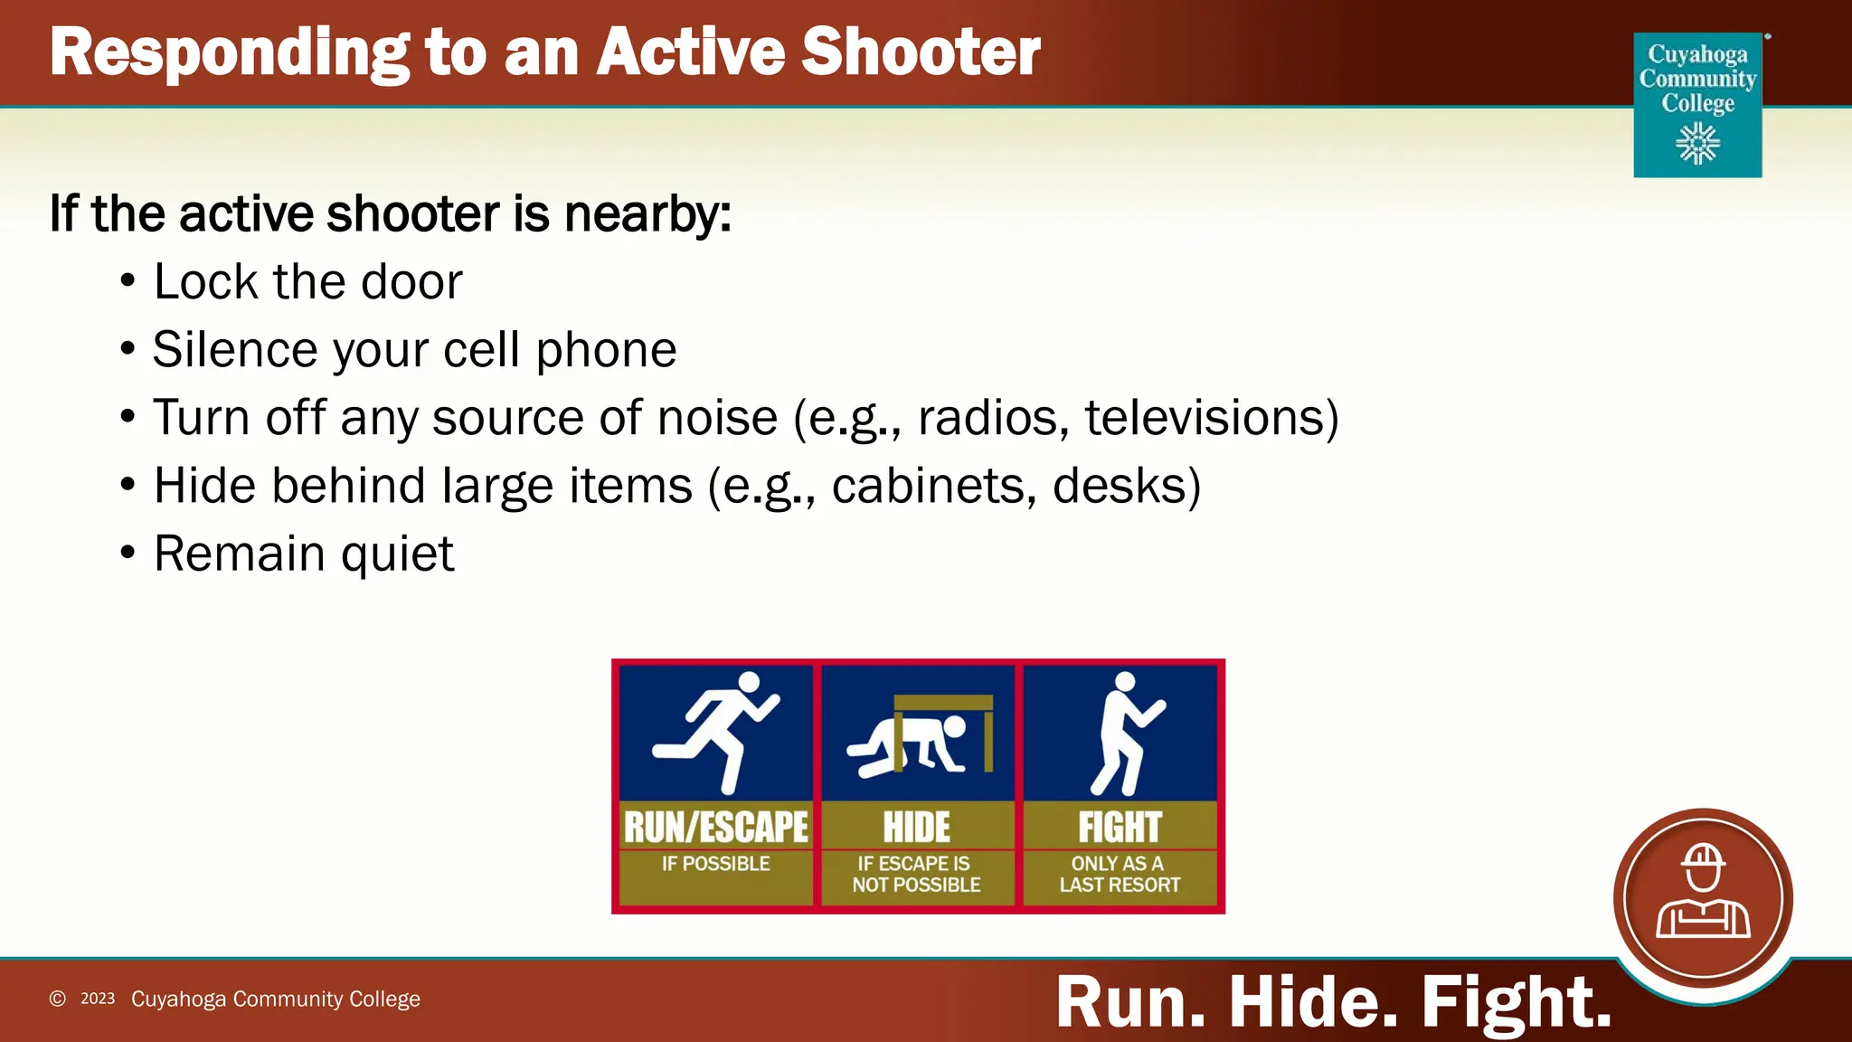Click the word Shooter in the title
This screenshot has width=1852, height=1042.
click(921, 52)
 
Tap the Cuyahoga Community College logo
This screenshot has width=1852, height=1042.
click(1697, 104)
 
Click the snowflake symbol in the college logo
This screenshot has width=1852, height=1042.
click(1697, 144)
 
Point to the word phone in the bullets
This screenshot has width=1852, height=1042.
click(606, 351)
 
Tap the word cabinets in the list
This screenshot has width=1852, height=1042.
click(932, 487)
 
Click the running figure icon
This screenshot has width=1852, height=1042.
click(715, 731)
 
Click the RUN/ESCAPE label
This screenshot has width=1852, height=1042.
click(715, 827)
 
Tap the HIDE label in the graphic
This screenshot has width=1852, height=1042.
click(916, 827)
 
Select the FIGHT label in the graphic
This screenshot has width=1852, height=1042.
click(1120, 827)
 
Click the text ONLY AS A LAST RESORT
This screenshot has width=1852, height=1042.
click(1120, 875)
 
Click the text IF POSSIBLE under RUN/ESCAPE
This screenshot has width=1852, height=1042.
click(715, 864)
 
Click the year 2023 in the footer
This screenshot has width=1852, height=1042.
click(98, 999)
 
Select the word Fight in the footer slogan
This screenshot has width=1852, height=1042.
click(1516, 1002)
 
